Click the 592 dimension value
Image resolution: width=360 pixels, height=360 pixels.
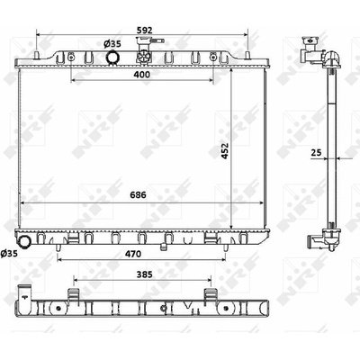[145, 30]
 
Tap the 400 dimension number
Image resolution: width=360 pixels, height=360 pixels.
[141, 75]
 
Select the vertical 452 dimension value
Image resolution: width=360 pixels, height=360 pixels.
[225, 150]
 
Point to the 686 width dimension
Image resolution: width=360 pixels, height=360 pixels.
[138, 195]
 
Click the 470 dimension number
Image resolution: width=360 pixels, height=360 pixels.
[133, 254]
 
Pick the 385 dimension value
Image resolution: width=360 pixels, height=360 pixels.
[145, 274]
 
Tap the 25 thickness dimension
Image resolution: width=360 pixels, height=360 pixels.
[316, 153]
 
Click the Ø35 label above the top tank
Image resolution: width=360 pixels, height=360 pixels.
[112, 44]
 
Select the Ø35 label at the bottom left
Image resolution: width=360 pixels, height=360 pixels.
[9, 253]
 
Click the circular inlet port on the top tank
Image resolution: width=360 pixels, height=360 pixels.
[112, 57]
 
